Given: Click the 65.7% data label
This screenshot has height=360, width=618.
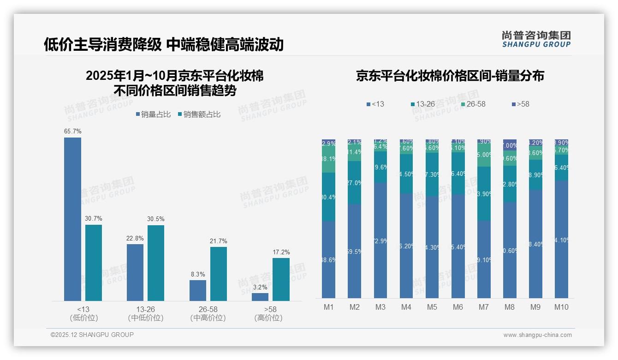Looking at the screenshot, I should tap(72, 132).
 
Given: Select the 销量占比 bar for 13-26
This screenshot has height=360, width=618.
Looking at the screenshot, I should tap(135, 272).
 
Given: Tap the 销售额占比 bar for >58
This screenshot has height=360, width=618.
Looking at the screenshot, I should tap(281, 279).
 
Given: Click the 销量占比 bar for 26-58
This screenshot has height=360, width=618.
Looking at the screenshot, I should tap(198, 290).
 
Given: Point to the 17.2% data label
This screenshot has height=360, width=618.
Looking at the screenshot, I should tap(281, 252).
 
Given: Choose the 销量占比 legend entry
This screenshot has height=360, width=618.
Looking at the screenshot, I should tap(153, 114).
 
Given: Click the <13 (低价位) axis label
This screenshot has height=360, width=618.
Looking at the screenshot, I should tap(83, 313).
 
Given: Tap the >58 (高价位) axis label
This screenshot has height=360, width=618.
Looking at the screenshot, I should tap(268, 313).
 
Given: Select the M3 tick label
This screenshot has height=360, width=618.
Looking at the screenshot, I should tap(380, 307).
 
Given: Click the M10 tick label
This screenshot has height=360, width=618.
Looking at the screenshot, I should tap(561, 307).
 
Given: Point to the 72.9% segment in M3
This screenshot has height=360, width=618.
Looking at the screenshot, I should tap(380, 240).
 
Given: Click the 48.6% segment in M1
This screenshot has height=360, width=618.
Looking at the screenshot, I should tap(328, 259).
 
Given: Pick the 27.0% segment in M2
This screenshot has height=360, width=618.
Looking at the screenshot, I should tap(354, 183).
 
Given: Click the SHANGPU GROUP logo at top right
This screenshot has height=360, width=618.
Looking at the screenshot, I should tap(536, 39).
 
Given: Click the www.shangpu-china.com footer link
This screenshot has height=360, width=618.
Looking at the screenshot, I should tap(537, 335).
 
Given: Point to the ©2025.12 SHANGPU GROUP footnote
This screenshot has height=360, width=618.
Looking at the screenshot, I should tap(92, 335).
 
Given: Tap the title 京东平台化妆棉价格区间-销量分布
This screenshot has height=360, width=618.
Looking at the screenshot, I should tap(450, 76).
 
